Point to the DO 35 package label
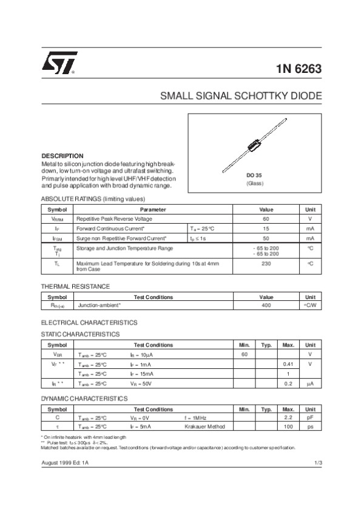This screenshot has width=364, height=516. (254, 175)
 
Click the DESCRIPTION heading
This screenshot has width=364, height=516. (62, 156)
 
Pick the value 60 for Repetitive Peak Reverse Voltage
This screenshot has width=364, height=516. (266, 218)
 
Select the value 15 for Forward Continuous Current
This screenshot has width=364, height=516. (266, 229)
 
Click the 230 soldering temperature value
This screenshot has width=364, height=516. (266, 263)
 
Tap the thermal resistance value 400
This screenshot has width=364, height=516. (266, 305)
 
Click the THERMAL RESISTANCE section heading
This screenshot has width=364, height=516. (75, 286)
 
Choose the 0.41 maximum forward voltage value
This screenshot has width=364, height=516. (289, 363)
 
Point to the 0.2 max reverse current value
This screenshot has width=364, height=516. (289, 384)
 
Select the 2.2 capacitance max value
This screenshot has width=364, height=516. (289, 418)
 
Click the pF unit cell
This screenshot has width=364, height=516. (309, 418)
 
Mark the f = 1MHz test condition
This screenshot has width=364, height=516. (195, 418)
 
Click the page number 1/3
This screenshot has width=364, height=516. (317, 463)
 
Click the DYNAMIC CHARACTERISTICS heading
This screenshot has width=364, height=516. (84, 398)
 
